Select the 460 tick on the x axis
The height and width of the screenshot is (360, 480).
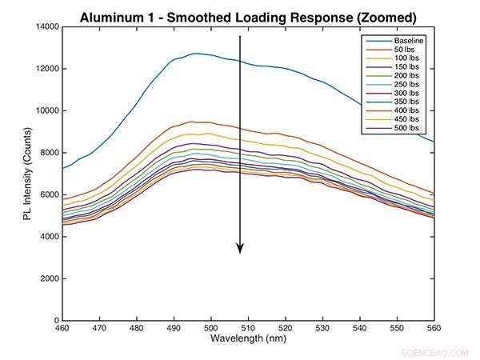tap(61, 329)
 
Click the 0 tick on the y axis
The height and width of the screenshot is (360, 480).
tap(54, 321)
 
